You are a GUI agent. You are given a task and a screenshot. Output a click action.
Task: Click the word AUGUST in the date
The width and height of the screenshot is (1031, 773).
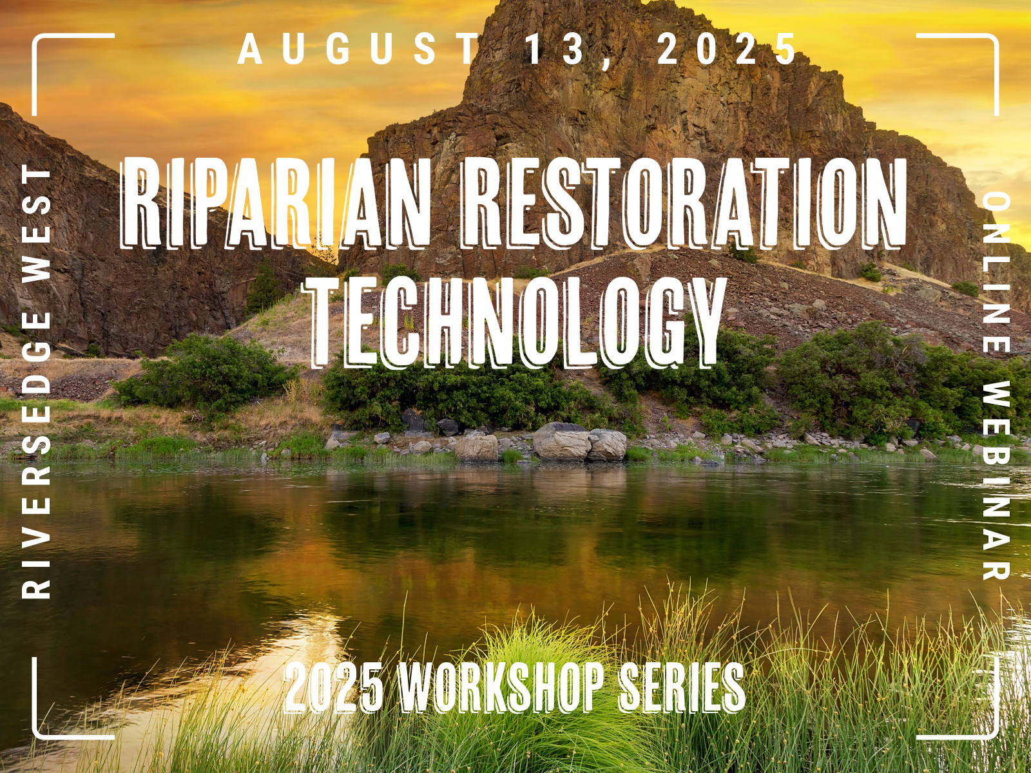358,50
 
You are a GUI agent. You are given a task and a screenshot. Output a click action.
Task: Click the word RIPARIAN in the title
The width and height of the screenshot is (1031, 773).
275,203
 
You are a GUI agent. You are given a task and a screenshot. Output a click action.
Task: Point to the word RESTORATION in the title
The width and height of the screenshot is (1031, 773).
682,203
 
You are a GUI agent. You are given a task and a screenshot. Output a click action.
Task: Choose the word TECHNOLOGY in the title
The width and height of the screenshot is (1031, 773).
514,323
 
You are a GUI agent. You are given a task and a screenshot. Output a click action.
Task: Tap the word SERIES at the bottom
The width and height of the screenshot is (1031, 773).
682,687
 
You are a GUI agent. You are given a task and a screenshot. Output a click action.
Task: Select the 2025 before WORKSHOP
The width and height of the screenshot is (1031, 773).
334,687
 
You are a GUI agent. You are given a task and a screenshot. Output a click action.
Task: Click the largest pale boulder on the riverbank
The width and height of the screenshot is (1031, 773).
561,441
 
